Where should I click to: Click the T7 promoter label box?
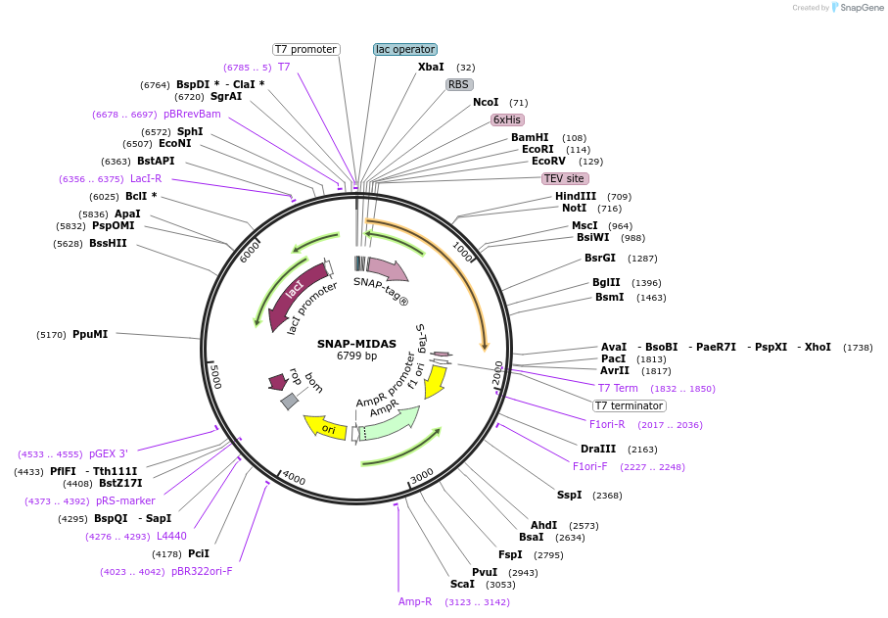tap(305, 49)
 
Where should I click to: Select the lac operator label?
tap(405, 49)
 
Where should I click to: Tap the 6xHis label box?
tap(507, 119)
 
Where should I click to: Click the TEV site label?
tap(565, 178)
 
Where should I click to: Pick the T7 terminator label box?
tap(630, 405)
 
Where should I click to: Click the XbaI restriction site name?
tap(431, 67)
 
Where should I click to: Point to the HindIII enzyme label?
tap(576, 196)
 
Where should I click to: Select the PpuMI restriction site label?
tap(90, 334)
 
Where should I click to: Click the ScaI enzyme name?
tap(462, 584)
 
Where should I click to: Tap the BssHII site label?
tap(108, 243)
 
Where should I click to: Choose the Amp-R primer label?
tap(415, 601)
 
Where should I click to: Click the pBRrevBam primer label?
tap(192, 114)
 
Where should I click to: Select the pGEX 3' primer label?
tap(109, 453)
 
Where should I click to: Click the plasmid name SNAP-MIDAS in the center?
tap(355, 343)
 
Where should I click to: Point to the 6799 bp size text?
tap(356, 356)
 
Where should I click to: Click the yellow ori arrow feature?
tap(325, 428)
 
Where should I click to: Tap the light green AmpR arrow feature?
tap(391, 424)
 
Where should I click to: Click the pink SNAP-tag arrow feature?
tap(387, 268)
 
